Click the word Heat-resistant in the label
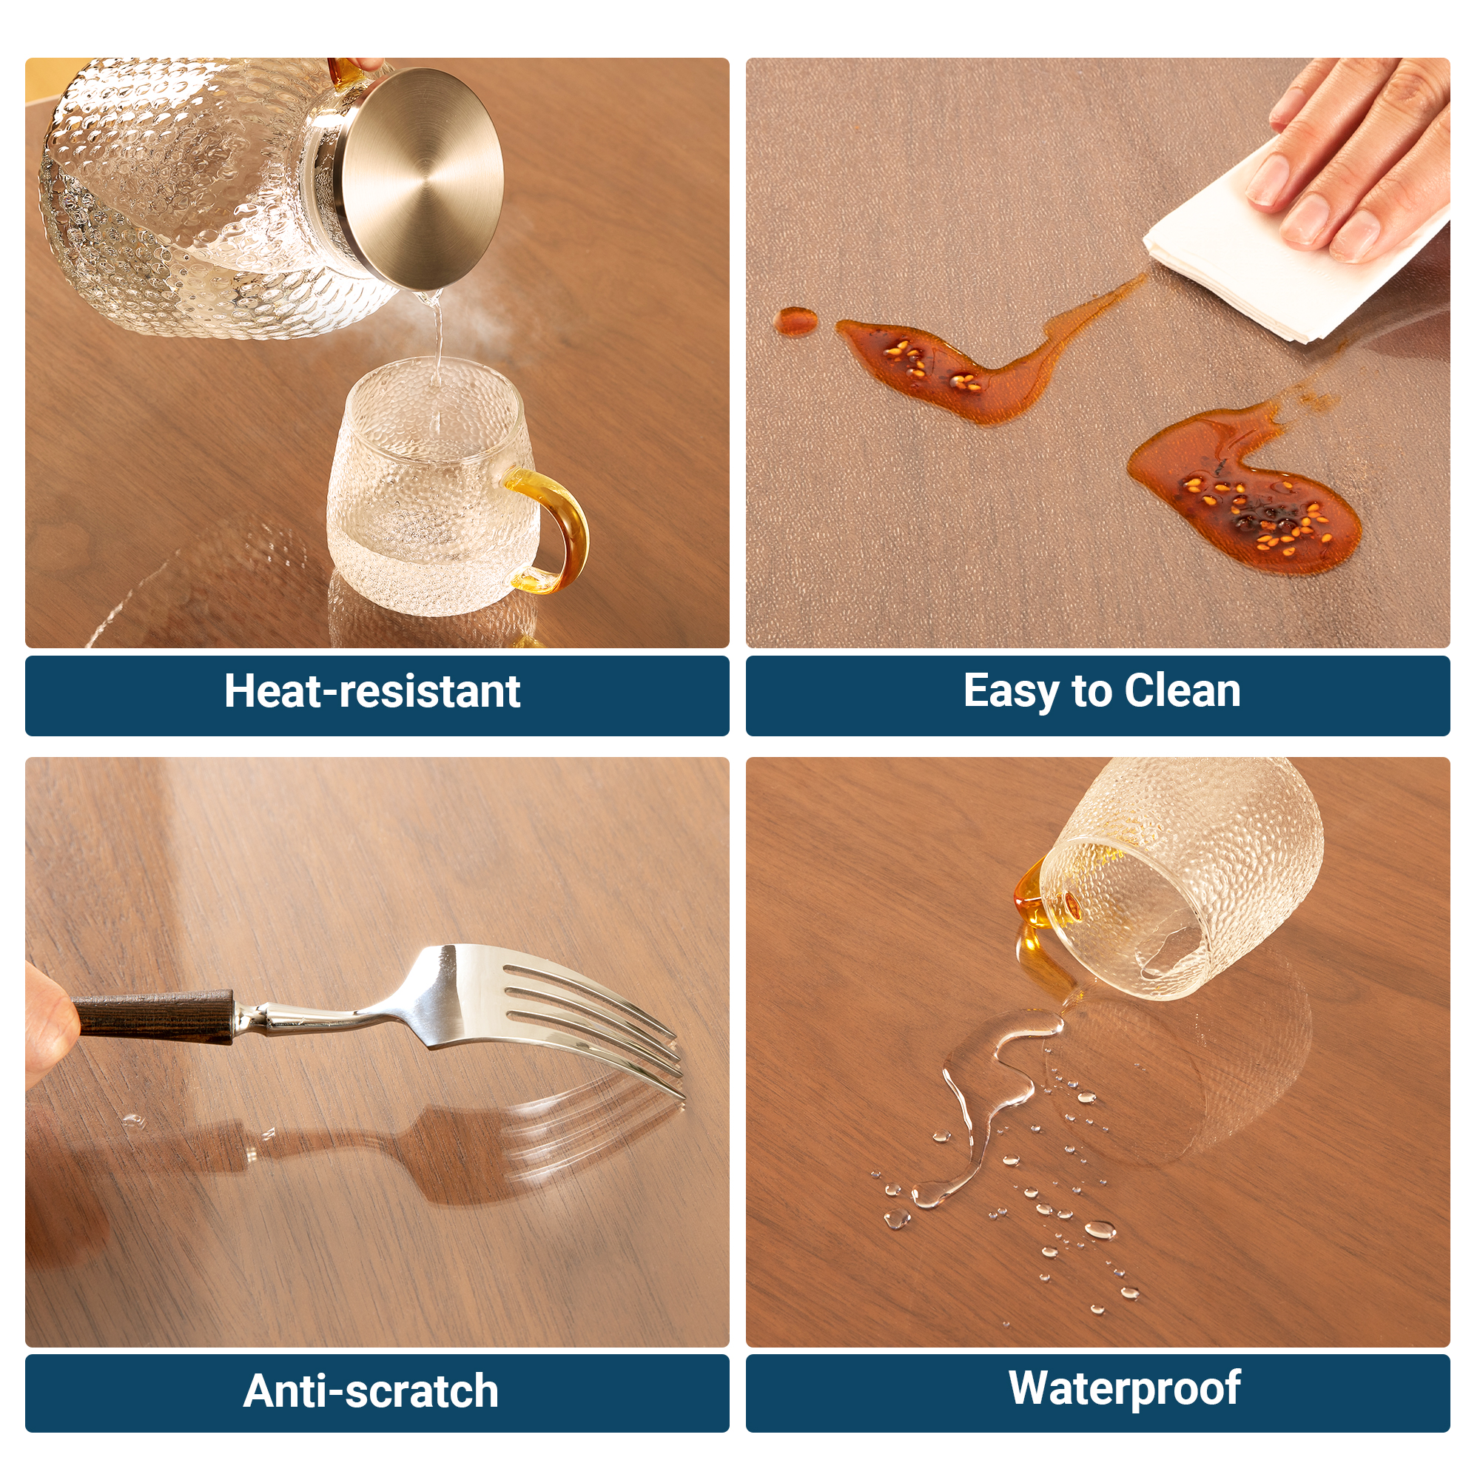point(372,692)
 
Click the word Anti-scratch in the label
point(371,1391)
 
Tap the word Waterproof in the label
point(1124,1387)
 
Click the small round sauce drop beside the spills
point(795,320)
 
